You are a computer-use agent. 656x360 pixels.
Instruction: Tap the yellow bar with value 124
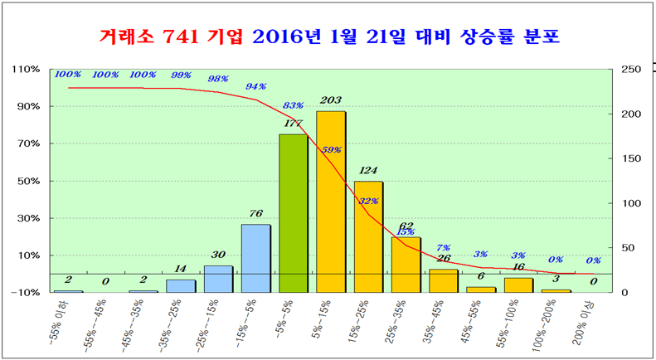tap(368, 236)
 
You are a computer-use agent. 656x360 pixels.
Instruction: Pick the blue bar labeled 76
tap(255, 257)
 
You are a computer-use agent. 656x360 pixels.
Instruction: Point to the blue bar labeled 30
tap(218, 279)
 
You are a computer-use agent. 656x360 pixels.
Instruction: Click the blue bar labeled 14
tap(181, 285)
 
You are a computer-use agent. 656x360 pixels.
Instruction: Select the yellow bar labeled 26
tap(443, 280)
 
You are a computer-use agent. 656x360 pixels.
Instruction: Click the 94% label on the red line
tap(256, 86)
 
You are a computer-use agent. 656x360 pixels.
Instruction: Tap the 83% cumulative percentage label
tap(293, 106)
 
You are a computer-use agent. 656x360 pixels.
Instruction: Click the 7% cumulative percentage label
tap(443, 247)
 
